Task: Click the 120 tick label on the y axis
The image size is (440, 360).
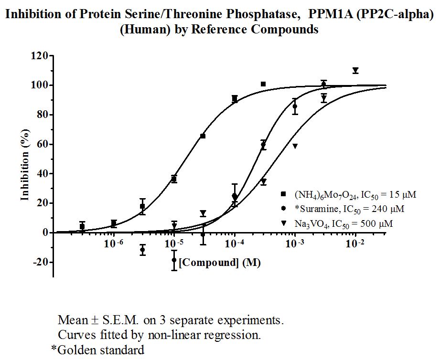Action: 39,56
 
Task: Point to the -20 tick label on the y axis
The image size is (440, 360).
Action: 39,262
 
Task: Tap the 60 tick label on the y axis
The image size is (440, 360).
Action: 42,144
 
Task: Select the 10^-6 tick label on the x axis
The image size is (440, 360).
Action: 113,244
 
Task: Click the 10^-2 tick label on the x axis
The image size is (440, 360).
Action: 355,244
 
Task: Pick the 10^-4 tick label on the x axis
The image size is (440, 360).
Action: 234,244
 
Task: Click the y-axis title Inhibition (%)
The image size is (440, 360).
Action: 25,165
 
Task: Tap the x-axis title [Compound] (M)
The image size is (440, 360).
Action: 220,263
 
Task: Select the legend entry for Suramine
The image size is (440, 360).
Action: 343,209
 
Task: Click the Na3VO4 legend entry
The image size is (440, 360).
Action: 337,224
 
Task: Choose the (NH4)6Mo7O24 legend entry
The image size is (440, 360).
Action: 348,195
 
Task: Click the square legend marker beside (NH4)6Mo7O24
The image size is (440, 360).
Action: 283,194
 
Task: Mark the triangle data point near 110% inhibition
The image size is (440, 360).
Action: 355,70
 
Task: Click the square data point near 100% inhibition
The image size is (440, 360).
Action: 263,84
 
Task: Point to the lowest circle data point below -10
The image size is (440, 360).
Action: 174,260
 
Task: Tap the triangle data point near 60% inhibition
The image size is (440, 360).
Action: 295,146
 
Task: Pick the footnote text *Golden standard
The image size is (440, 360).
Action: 97,350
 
